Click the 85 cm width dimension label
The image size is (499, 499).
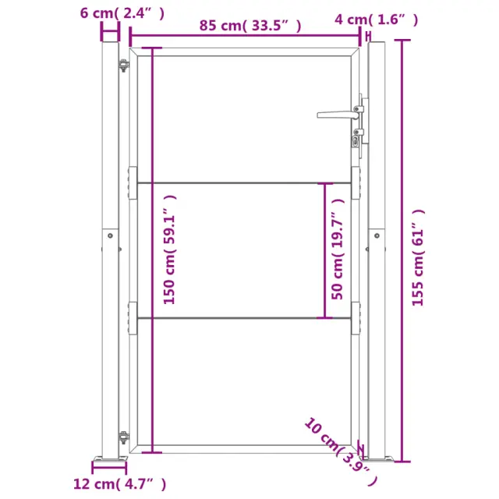(x=250, y=26)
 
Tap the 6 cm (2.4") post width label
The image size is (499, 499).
(x=122, y=13)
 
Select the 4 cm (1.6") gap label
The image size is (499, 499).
(x=376, y=19)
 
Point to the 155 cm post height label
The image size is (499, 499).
(x=418, y=258)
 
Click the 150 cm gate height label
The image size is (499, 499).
(x=170, y=249)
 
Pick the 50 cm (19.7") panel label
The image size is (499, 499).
(x=338, y=249)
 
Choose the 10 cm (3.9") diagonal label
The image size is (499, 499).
(x=341, y=451)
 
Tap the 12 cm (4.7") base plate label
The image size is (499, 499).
(x=119, y=484)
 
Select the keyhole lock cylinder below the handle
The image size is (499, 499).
(x=356, y=140)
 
